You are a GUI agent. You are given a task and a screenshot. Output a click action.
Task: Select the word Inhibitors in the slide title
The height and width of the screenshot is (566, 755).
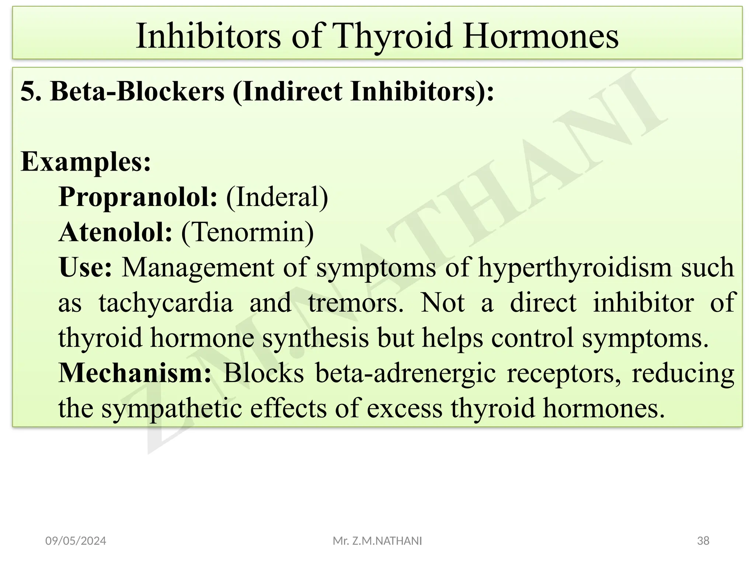pyautogui.click(x=208, y=36)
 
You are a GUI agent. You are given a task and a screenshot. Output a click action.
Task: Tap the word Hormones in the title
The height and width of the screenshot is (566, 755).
pyautogui.click(x=541, y=36)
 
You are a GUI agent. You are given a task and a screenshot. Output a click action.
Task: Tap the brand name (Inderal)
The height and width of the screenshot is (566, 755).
pyautogui.click(x=277, y=197)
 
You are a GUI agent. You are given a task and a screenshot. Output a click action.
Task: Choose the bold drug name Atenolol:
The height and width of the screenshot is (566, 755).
pyautogui.click(x=115, y=233)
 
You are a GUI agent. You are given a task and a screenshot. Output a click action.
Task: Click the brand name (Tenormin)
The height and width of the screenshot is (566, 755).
pyautogui.click(x=247, y=233)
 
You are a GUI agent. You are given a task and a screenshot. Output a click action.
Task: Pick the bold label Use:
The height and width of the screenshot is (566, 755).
pyautogui.click(x=85, y=267)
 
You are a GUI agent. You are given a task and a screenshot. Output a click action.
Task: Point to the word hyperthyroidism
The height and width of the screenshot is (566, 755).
pyautogui.click(x=575, y=267)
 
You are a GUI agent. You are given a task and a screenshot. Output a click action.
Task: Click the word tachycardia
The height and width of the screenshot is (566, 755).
pyautogui.click(x=166, y=303)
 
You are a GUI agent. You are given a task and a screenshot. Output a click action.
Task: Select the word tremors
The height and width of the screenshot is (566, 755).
pyautogui.click(x=356, y=303)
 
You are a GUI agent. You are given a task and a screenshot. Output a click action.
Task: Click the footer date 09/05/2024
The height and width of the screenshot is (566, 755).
pyautogui.click(x=76, y=541)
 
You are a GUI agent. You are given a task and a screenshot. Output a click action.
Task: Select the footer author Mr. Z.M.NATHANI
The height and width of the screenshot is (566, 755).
pyautogui.click(x=377, y=541)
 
